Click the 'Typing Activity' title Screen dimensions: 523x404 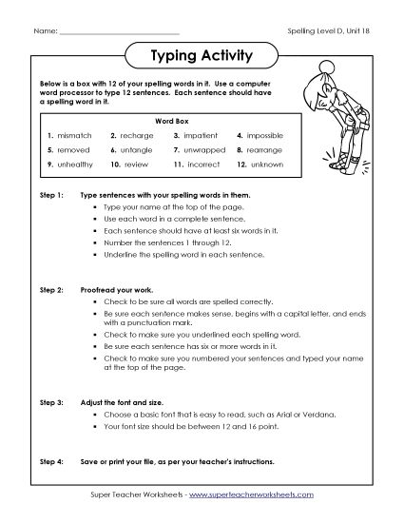202,56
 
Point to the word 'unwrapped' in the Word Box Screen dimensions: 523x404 205,150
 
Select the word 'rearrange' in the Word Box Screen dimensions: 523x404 268,150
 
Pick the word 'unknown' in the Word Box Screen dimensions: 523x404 267,165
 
